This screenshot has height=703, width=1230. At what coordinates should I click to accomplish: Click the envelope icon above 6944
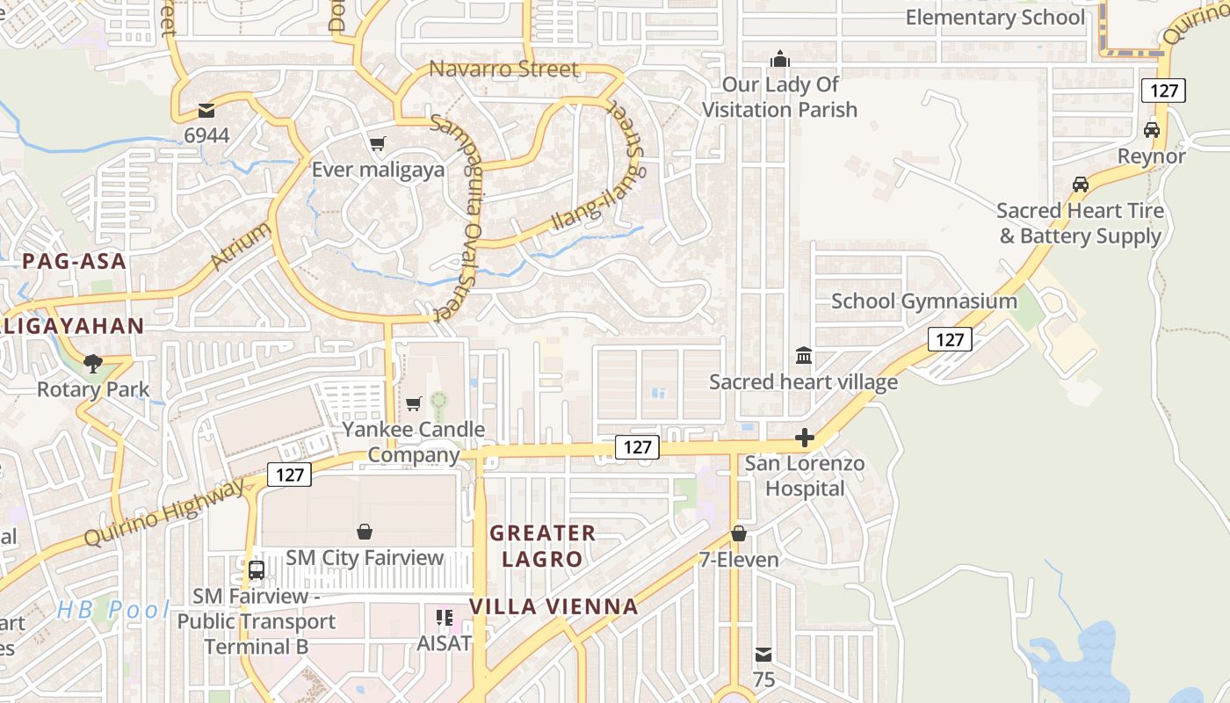206,111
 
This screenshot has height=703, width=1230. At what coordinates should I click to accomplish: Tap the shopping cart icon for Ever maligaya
378,144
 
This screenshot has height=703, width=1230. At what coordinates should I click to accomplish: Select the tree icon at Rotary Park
92,363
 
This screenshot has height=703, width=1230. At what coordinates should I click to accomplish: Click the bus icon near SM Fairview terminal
257,569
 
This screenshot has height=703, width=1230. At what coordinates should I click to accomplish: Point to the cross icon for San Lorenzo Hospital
804,438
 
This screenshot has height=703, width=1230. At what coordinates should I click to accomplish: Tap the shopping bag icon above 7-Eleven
739,533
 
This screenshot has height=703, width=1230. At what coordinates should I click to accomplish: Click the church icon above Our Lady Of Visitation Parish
779,60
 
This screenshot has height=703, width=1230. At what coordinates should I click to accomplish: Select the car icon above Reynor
1151,130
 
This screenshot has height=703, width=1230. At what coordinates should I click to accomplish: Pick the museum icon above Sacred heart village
803,356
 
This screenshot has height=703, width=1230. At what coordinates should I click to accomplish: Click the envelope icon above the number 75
763,655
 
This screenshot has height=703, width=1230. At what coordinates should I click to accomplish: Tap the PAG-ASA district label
75,261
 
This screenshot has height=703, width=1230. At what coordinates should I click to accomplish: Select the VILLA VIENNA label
553,606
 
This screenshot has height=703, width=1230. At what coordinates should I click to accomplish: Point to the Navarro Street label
503,69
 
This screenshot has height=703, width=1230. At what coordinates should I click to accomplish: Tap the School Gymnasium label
924,301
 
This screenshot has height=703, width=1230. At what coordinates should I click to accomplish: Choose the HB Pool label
112,609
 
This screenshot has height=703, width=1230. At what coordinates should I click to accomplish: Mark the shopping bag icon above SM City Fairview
365,532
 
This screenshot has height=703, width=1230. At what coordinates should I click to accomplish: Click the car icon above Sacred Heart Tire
1081,185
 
